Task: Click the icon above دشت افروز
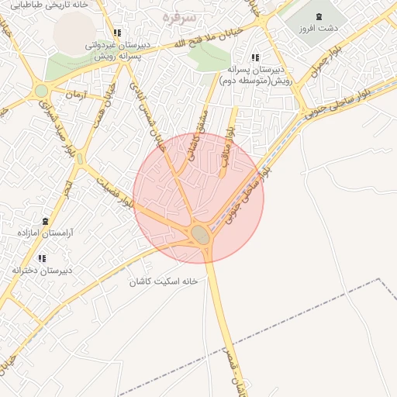320,17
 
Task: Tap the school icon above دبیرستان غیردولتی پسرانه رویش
117,33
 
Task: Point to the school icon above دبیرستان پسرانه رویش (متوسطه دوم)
255,57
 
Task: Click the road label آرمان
74,94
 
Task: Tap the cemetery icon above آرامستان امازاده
45,221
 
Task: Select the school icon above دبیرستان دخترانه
42,258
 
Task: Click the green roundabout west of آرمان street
40,91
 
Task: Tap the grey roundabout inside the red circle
201,234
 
